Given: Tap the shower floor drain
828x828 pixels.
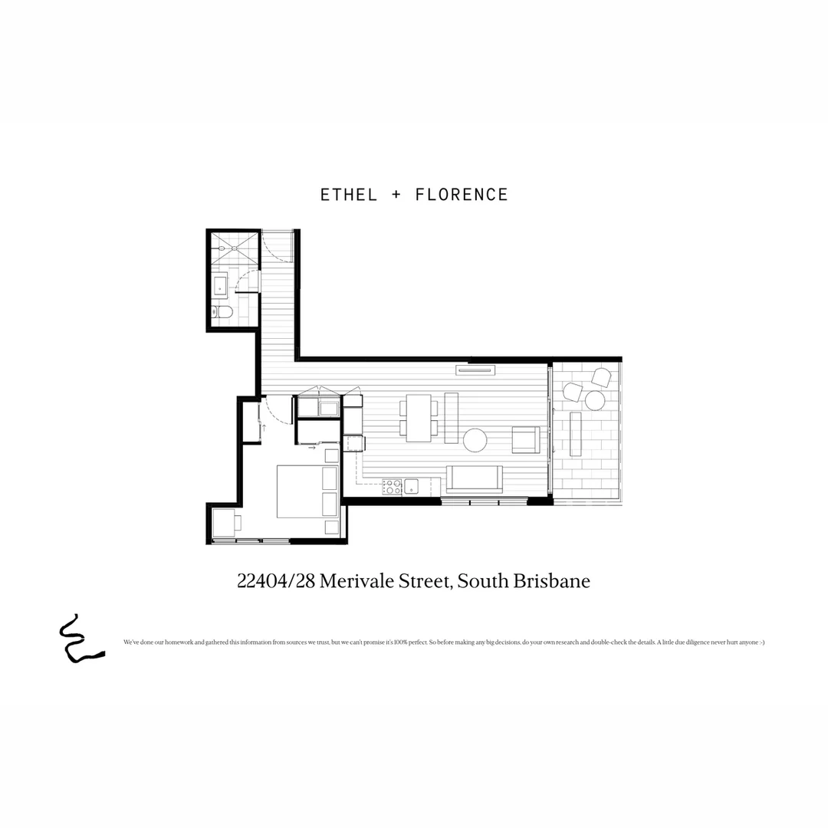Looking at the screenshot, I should [221, 250].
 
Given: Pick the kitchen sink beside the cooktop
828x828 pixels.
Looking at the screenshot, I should [412, 485].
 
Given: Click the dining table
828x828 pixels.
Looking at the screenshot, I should [419, 418].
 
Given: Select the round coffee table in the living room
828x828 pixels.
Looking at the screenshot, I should [475, 440].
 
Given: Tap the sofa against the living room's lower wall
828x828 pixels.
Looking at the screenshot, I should [475, 479].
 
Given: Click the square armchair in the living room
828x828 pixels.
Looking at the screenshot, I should [526, 439].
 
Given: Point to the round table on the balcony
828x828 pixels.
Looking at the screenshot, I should [595, 399].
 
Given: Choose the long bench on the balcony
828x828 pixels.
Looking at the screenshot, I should [576, 434].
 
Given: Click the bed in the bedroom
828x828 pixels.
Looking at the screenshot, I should [307, 491].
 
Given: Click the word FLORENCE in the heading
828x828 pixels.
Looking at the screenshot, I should [462, 195].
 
